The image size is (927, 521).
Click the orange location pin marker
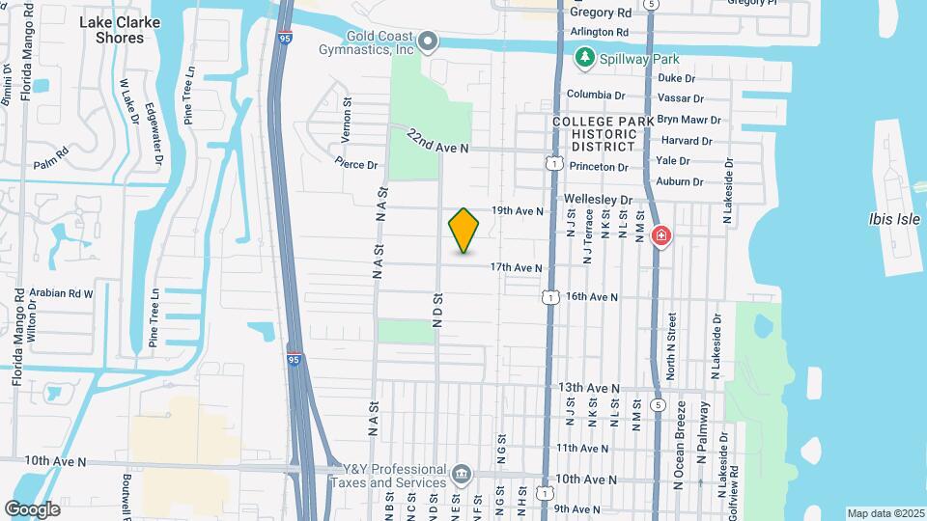point(464,231)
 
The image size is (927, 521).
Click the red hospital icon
point(661,235)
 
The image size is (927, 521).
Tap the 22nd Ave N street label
point(437,141)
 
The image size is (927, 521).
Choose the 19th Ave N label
point(517,210)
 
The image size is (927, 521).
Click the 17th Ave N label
point(516,267)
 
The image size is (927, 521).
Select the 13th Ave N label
point(589,388)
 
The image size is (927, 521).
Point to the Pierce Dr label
point(357,164)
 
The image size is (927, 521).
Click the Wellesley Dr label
point(604,200)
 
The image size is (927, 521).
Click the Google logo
point(32,508)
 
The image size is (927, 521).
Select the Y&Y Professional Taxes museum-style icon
point(462,475)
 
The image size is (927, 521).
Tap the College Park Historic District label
point(594,133)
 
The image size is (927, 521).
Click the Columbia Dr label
point(596,95)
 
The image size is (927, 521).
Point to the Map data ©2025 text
point(884,513)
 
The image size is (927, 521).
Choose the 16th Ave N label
point(591,296)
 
